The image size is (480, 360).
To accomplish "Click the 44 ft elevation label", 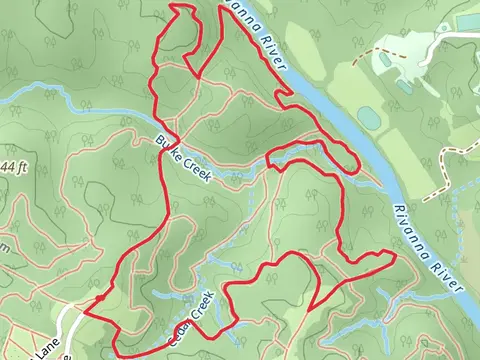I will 11,165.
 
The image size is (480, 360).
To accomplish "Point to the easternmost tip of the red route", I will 395,255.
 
